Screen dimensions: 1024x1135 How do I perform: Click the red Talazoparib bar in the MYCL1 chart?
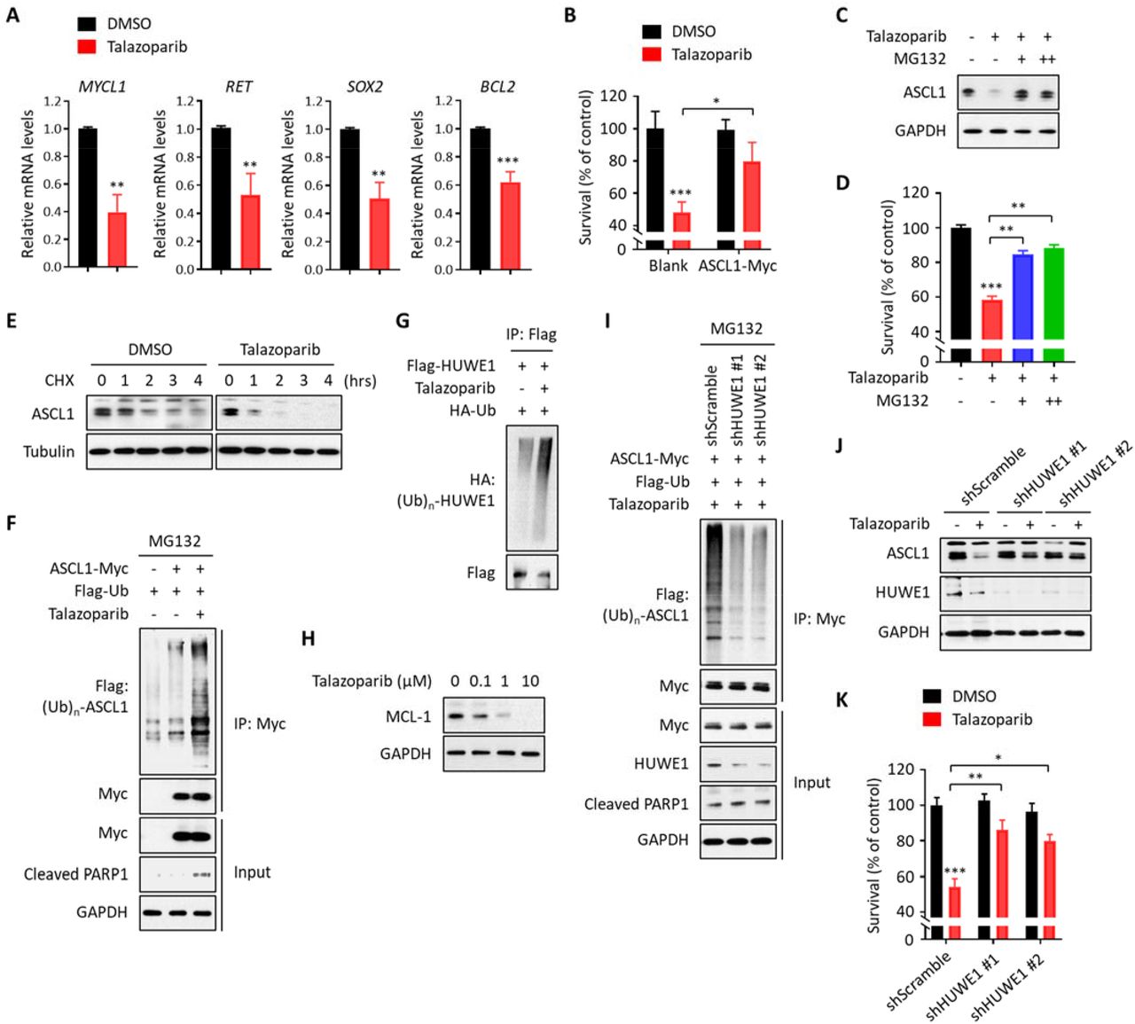(x=117, y=239)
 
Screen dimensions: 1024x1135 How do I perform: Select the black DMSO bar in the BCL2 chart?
(x=480, y=199)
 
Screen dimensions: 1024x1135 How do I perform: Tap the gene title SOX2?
(x=364, y=87)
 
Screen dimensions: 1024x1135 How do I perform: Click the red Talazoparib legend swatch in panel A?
(x=87, y=47)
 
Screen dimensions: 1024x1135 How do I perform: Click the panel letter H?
(x=308, y=638)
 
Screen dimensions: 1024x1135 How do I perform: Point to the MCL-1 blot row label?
(x=409, y=716)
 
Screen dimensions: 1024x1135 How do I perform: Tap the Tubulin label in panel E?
(x=49, y=451)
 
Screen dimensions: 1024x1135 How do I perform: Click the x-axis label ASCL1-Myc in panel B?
(x=737, y=265)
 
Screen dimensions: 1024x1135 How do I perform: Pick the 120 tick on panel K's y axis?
(x=902, y=770)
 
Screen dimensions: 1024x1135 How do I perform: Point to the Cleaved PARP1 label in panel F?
(x=76, y=874)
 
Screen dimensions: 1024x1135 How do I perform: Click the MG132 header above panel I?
(x=736, y=328)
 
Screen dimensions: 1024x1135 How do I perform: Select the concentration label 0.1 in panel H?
(x=480, y=681)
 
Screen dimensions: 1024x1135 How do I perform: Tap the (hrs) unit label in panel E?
(x=359, y=380)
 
